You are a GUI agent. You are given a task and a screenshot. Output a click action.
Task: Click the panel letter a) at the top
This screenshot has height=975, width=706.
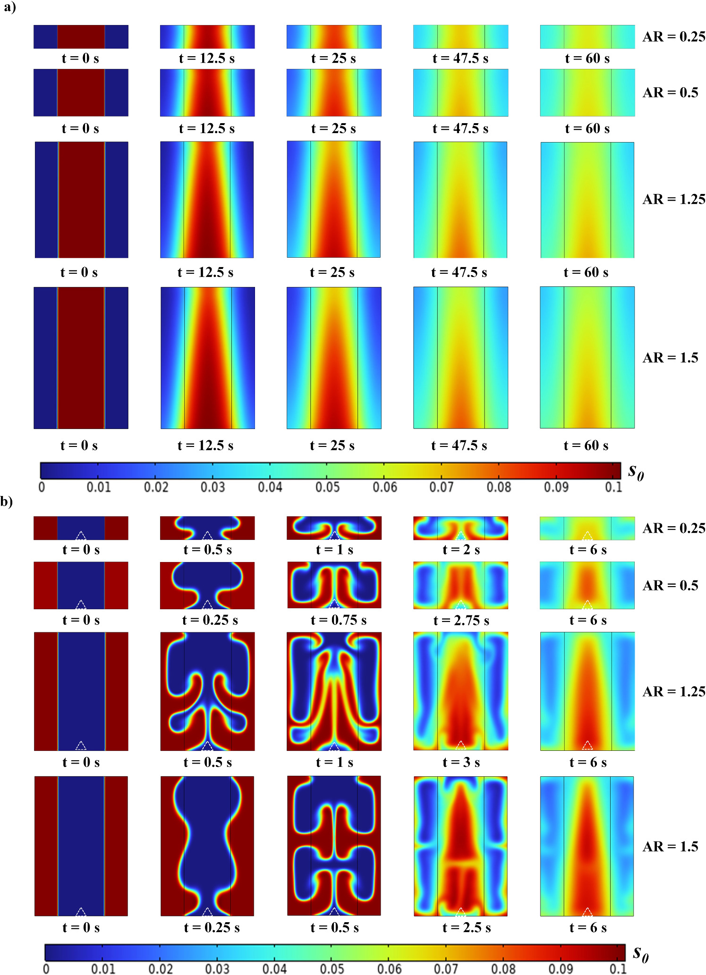coord(9,8)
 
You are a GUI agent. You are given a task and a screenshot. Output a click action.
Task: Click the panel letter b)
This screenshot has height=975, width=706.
coord(7,501)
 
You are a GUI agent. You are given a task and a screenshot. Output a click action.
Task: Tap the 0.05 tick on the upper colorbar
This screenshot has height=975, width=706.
coord(327,487)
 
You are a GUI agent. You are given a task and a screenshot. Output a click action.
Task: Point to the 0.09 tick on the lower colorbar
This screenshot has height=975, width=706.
coord(561,969)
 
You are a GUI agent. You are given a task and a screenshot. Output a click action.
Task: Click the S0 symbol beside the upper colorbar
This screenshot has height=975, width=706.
coord(636,471)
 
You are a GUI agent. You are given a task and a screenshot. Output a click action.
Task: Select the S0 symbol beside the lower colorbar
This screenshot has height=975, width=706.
coord(641,954)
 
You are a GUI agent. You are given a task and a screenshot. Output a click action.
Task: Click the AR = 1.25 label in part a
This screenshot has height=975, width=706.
coord(674,199)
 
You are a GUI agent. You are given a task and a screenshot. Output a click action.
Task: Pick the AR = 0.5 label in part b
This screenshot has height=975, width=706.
coord(670,586)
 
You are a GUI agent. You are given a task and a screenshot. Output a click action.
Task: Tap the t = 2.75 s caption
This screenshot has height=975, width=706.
coord(461,621)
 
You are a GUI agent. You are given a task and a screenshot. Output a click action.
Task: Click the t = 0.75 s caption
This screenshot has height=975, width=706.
coord(338,621)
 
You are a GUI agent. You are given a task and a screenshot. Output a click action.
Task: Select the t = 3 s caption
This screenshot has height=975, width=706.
coord(461,763)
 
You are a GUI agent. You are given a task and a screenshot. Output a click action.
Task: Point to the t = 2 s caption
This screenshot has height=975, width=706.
coord(461,550)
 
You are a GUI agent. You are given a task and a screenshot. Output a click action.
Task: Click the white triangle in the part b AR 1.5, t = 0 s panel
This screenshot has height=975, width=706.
coord(81,912)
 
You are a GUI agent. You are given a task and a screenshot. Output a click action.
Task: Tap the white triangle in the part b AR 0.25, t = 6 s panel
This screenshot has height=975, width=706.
coord(587,536)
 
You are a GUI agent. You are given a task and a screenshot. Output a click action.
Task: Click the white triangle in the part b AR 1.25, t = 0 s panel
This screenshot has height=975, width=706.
coord(81,746)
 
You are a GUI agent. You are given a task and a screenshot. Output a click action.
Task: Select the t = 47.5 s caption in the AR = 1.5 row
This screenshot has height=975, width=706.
coord(459,445)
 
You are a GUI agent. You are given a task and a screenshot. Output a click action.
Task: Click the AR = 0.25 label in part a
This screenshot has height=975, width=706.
coord(674,37)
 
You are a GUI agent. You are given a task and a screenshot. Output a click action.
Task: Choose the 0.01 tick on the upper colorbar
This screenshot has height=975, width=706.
coord(99,487)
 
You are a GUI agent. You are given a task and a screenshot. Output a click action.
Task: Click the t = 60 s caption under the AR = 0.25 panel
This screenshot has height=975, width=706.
coord(587,59)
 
